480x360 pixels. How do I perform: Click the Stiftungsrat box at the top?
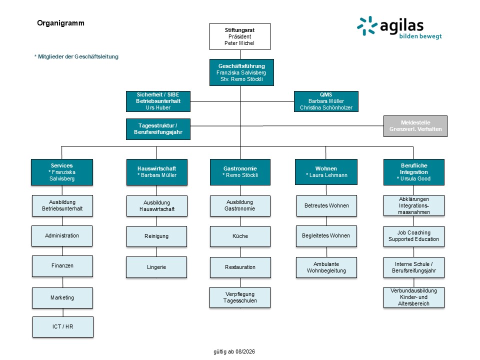[x=239, y=36]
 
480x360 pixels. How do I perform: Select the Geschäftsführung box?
[x=241, y=72]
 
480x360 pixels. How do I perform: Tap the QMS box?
[x=326, y=101]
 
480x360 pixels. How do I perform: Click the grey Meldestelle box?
[x=415, y=126]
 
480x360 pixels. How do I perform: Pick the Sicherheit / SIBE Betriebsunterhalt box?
[x=158, y=101]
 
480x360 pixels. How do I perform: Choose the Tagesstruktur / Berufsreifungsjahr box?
[x=158, y=129]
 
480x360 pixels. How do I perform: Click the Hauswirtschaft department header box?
[x=156, y=172]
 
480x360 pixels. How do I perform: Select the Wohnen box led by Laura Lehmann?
[x=326, y=172]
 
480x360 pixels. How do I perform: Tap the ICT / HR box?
[x=63, y=327]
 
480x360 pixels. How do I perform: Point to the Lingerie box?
[x=156, y=267]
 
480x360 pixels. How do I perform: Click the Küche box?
[x=240, y=236]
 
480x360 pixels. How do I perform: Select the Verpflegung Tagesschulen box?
[x=240, y=297]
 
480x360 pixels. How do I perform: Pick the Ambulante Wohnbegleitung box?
[x=326, y=267]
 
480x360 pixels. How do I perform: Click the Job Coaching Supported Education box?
[x=414, y=236]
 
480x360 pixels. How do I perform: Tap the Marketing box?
[x=62, y=298]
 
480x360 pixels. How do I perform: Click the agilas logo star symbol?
[x=367, y=25]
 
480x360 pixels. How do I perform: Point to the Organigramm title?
[x=60, y=23]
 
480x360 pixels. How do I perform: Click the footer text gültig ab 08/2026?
[x=234, y=351]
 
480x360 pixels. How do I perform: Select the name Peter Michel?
[x=239, y=43]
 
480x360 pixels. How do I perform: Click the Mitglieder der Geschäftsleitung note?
[x=76, y=56]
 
